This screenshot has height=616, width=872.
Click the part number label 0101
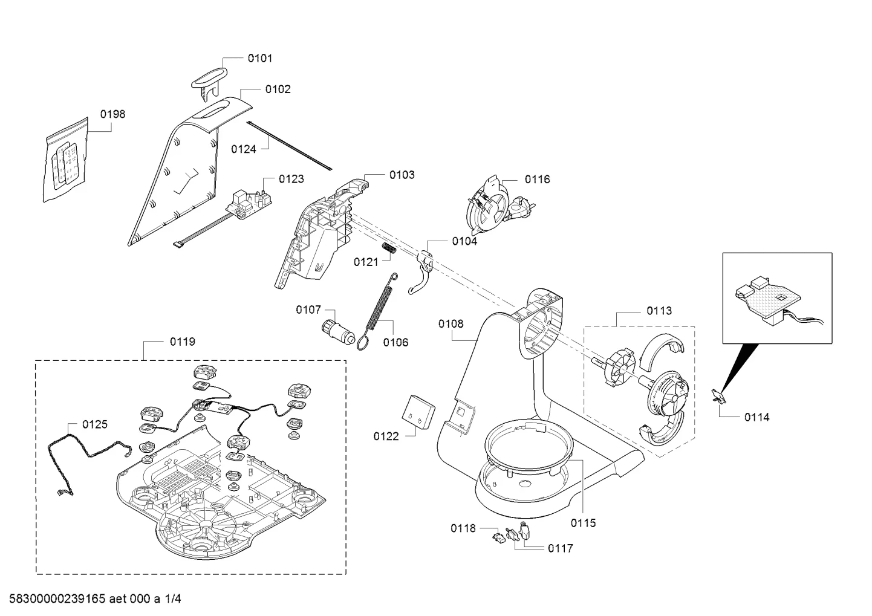tap(260, 59)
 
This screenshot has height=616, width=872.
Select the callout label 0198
tap(112, 114)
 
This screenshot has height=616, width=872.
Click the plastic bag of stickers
tap(65, 160)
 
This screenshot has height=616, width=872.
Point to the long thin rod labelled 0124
tap(289, 146)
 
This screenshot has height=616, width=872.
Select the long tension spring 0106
tap(378, 311)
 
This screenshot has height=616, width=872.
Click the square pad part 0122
tap(418, 412)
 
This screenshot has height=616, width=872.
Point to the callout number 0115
tap(583, 523)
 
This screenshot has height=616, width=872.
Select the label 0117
tap(560, 548)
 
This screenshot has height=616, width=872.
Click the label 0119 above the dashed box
tap(183, 342)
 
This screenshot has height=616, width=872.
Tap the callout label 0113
tap(660, 311)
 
